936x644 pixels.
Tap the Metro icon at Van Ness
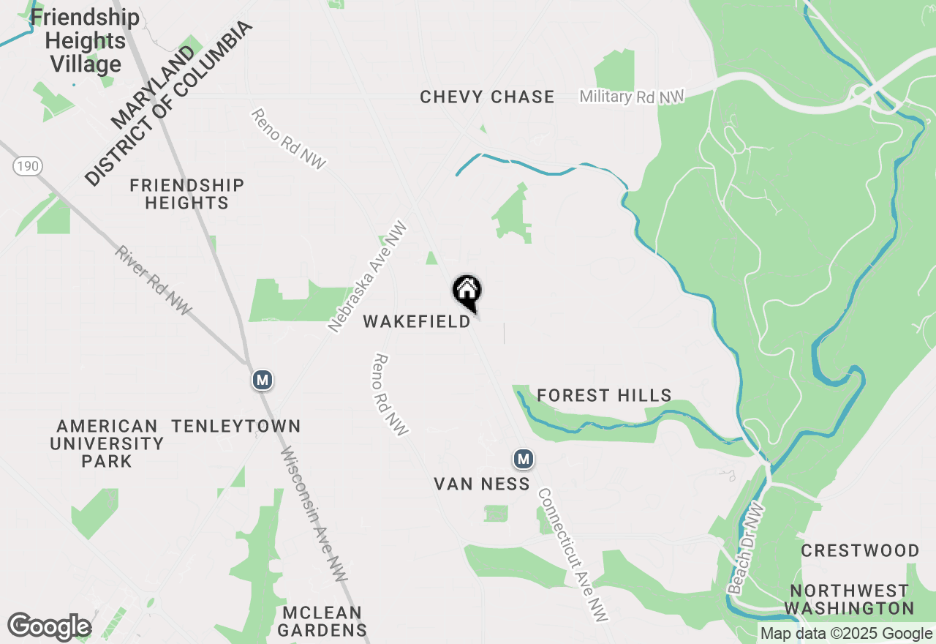(523, 460)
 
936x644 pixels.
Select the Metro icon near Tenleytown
(263, 380)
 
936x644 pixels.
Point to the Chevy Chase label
(487, 97)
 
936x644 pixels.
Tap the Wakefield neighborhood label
(417, 322)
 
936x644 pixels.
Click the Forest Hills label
(604, 396)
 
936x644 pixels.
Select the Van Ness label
(482, 484)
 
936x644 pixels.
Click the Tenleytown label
(236, 426)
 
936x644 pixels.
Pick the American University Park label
(107, 443)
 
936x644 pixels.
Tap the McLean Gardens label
(322, 621)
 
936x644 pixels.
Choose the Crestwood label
(860, 550)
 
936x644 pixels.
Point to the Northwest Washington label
(849, 599)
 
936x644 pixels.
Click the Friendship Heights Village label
(85, 40)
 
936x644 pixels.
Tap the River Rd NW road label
(153, 280)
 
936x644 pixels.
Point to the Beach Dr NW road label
(746, 548)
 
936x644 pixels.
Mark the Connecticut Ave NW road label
(573, 554)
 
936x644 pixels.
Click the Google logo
(49, 627)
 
